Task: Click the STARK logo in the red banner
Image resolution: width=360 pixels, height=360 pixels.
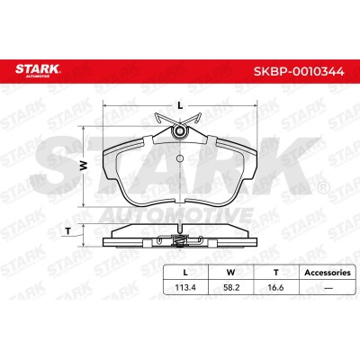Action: tap(38, 70)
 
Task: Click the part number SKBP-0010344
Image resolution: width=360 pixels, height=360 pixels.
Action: tap(299, 71)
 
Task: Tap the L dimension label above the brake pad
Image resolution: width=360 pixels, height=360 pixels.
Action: tap(180, 105)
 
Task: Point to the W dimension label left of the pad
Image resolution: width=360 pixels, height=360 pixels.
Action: tap(83, 166)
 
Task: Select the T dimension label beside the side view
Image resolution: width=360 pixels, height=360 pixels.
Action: tap(68, 231)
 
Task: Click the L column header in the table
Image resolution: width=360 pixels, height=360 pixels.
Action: tap(185, 273)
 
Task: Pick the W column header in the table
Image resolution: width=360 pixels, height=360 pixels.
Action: tap(230, 273)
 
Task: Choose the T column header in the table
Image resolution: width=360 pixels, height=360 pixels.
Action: tap(276, 273)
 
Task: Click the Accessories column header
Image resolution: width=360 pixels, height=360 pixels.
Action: tap(328, 273)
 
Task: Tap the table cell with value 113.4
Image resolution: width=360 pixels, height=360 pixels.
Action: tap(185, 287)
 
